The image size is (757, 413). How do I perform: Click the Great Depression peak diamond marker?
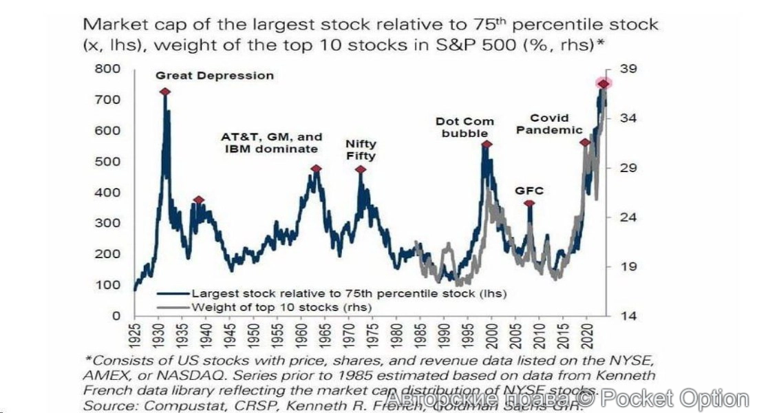pos(165,92)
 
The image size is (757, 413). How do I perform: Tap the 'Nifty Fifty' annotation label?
pos(361,150)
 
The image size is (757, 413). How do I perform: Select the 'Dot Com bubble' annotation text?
pos(465,127)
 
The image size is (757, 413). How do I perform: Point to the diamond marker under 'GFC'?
pos(529,204)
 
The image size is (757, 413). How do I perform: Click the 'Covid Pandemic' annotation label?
pos(550,124)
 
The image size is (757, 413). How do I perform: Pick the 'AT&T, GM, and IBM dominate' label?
pos(271,143)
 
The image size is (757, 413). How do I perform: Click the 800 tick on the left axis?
pos(108,69)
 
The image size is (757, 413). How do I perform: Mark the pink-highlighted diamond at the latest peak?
pos(603,84)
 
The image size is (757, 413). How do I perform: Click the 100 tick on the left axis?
pos(108,285)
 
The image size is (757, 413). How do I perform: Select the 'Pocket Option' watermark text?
pos(681,399)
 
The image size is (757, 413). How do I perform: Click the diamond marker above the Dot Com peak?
pos(487,145)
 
